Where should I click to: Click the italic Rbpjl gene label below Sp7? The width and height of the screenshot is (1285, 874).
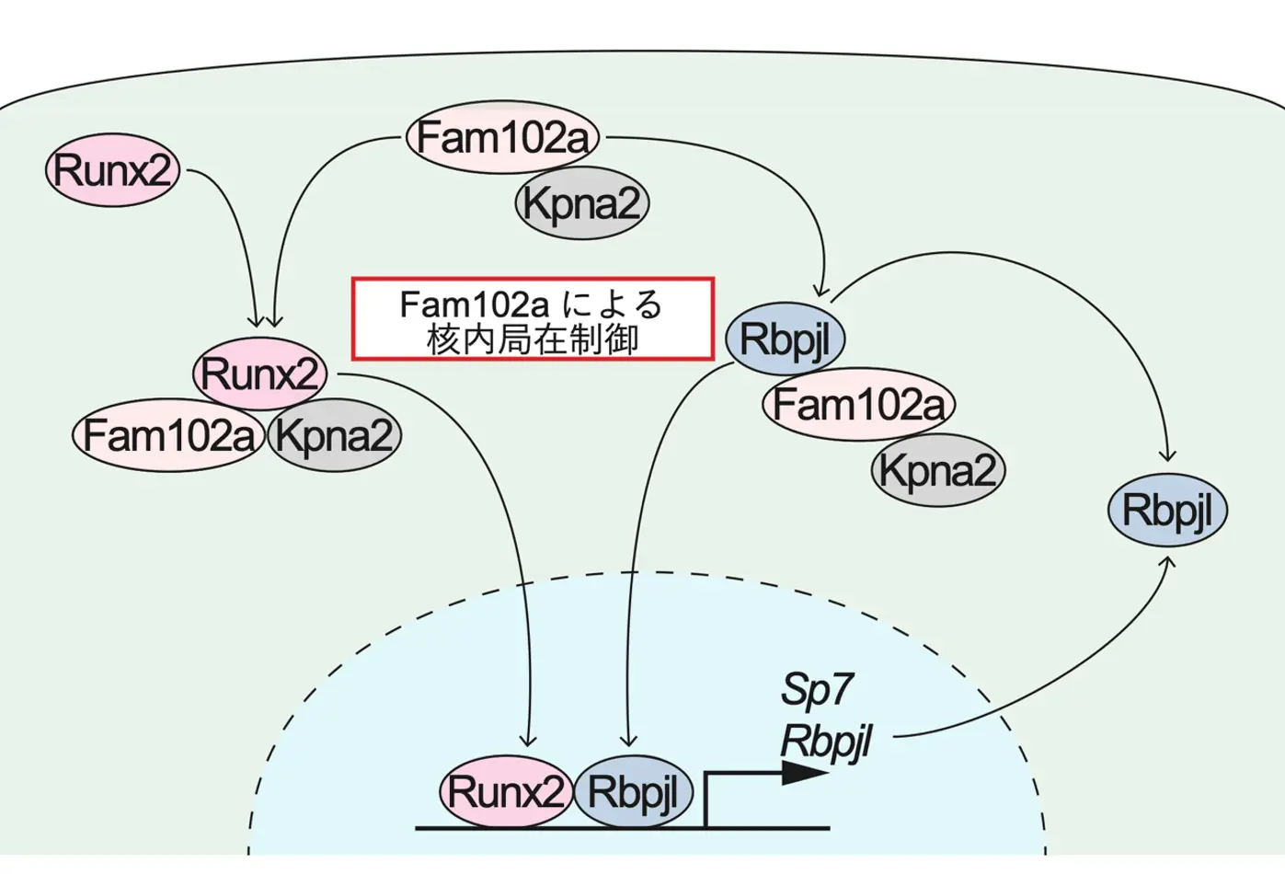tap(826, 741)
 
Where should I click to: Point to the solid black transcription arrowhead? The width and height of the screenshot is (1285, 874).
tap(804, 773)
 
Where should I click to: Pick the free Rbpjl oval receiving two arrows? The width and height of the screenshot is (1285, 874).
tap(1167, 510)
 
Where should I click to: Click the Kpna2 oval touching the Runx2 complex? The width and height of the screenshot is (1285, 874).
tap(334, 434)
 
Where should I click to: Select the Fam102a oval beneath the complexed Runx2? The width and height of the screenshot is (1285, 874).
tap(169, 434)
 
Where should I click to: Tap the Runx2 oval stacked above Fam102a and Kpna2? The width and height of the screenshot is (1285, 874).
tap(260, 374)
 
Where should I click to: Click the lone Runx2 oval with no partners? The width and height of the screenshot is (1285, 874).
tap(112, 170)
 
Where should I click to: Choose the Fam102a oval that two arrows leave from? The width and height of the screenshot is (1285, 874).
tap(503, 138)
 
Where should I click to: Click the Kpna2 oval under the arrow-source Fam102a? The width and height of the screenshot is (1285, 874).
tap(581, 203)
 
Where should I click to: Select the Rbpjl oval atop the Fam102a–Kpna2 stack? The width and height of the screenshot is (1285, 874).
tap(785, 339)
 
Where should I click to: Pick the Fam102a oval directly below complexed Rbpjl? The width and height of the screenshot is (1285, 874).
tap(858, 404)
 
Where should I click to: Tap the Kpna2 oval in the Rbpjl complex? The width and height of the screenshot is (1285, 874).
tap(937, 470)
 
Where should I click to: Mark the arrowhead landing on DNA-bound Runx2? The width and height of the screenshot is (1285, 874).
tap(528, 741)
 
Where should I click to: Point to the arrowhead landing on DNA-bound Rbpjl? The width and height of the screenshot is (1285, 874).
tap(629, 741)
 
